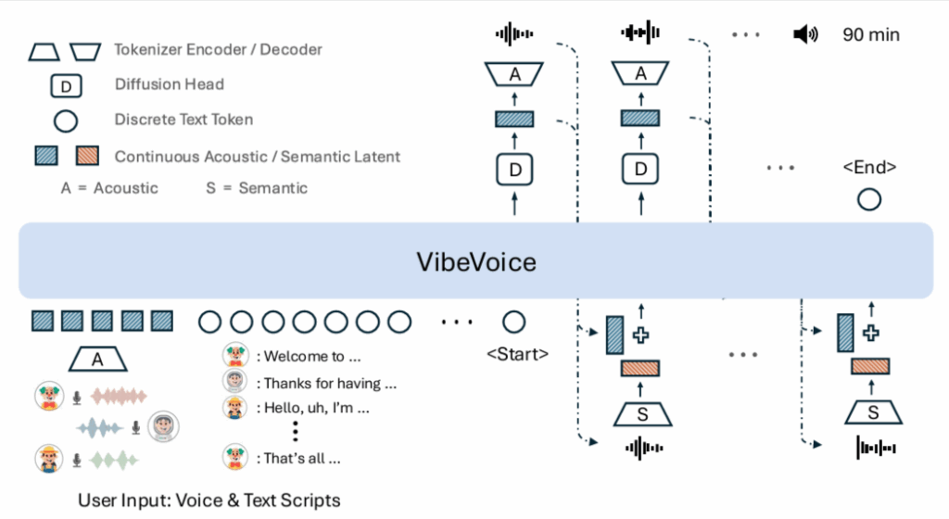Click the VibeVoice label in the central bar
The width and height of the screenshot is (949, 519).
[474, 261]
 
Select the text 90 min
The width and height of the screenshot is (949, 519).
[870, 35]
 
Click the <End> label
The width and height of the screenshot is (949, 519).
[868, 168]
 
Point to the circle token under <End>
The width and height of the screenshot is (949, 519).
[868, 198]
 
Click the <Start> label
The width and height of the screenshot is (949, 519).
[517, 353]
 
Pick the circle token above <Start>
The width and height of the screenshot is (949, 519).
[513, 322]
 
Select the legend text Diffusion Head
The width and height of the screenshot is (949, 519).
[169, 84]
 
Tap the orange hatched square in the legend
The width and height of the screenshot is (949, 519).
[87, 156]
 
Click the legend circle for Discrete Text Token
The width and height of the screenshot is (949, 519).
[65, 120]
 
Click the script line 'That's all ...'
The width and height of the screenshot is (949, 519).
[303, 458]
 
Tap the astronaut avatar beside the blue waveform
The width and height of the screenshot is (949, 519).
[164, 426]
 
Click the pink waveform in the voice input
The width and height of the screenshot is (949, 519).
[118, 397]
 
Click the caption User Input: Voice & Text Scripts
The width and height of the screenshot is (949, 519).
[209, 500]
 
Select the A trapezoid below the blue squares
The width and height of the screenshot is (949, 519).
[99, 359]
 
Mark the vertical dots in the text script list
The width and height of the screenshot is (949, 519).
[295, 432]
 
